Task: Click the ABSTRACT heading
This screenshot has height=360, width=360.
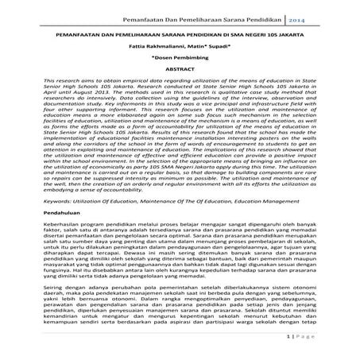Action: [x=180, y=71]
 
